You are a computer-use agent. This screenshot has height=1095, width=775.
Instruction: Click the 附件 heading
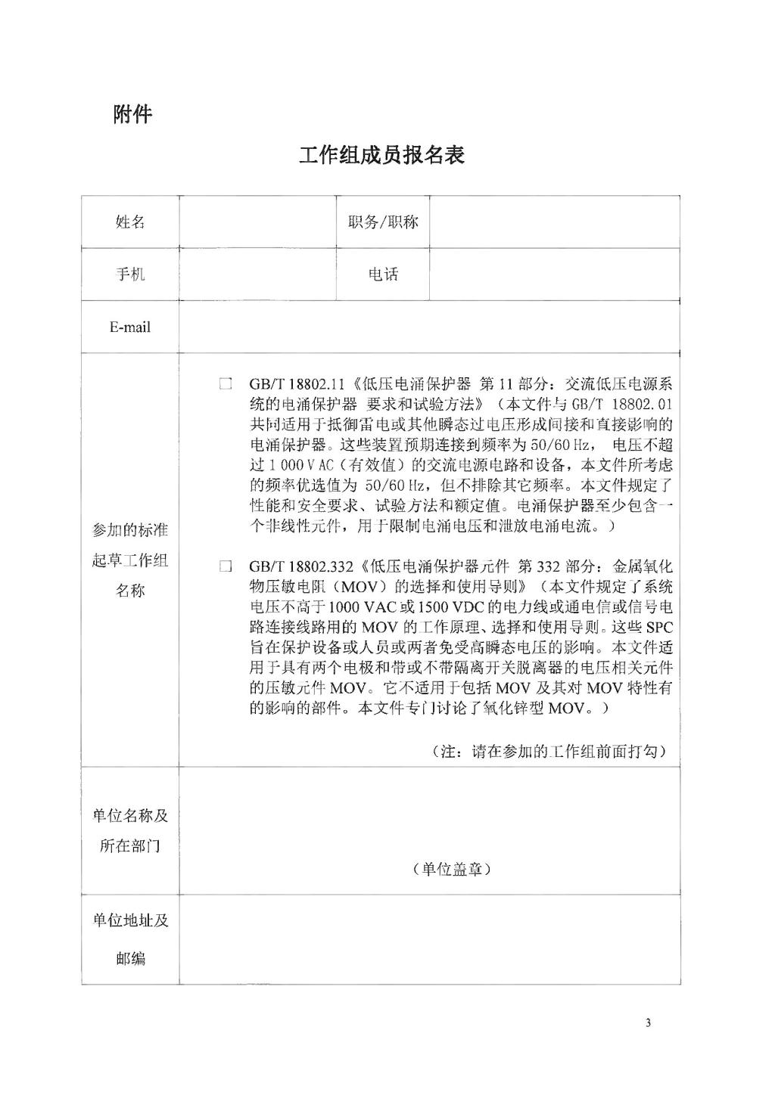click(x=132, y=114)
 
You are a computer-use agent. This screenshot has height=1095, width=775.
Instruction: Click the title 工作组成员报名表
click(x=381, y=155)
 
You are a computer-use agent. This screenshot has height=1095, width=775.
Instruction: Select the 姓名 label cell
click(x=130, y=222)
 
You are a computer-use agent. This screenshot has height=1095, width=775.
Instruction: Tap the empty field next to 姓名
click(x=257, y=222)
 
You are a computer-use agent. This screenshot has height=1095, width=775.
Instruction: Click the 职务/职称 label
click(x=383, y=222)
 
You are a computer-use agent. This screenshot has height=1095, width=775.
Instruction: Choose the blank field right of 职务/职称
click(x=554, y=222)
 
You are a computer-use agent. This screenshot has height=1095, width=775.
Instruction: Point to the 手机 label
click(x=130, y=274)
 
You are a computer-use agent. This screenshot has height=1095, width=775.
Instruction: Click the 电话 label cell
click(x=383, y=274)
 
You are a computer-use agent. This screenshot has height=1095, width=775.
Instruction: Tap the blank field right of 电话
click(x=554, y=274)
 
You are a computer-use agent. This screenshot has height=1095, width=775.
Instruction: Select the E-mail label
click(x=130, y=327)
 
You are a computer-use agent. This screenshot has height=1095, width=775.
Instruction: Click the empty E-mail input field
click(x=429, y=327)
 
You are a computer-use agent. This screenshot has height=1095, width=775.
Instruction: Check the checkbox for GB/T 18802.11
click(x=226, y=384)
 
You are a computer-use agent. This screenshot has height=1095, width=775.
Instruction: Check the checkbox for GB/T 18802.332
click(x=226, y=566)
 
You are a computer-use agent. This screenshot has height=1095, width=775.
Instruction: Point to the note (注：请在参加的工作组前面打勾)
click(x=549, y=752)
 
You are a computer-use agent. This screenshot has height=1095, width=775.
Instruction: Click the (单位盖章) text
click(x=453, y=869)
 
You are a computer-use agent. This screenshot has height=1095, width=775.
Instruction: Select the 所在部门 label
click(x=130, y=845)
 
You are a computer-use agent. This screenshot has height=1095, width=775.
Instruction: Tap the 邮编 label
click(x=130, y=958)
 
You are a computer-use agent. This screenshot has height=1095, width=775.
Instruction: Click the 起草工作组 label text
click(x=130, y=560)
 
